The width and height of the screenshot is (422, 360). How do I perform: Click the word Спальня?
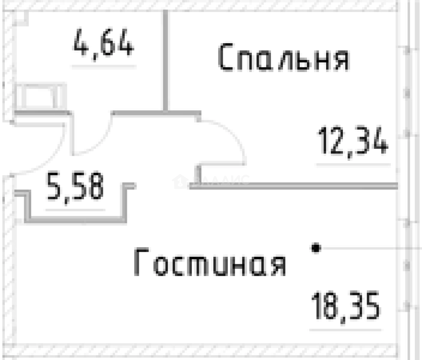pyautogui.click(x=283, y=58)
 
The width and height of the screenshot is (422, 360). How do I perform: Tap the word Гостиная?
pyautogui.click(x=210, y=262)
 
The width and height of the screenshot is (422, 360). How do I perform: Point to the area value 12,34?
pyautogui.click(x=353, y=140)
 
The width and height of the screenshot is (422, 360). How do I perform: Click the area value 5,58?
pyautogui.click(x=75, y=186)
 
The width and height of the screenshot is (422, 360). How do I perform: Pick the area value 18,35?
pyautogui.click(x=346, y=306)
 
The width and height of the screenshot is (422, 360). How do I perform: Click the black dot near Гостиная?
pyautogui.click(x=316, y=248)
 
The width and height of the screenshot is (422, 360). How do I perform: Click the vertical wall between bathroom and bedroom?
pyautogui.click(x=165, y=61)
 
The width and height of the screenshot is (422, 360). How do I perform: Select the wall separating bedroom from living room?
pyautogui.click(x=293, y=186)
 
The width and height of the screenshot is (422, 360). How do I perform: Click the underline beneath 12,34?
pyautogui.click(x=353, y=165)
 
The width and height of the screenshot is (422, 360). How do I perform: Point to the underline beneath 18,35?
pyautogui.click(x=346, y=330)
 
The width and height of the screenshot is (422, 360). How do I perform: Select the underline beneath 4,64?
pyautogui.click(x=104, y=66)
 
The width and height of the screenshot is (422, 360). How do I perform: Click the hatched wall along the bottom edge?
pyautogui.click(x=202, y=350)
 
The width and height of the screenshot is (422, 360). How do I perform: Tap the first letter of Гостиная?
pyautogui.click(x=141, y=262)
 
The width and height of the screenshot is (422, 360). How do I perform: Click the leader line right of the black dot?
pyautogui.click(x=367, y=248)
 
